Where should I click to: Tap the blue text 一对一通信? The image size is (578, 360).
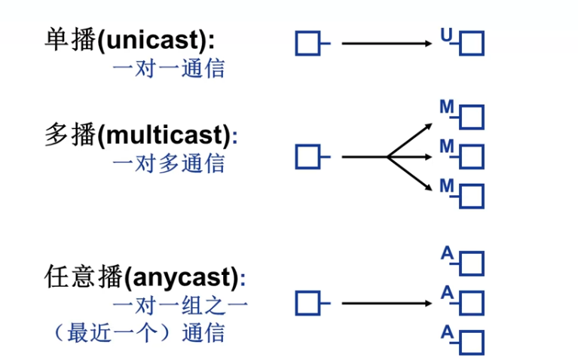pos(168,69)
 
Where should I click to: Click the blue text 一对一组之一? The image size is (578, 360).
pos(180,305)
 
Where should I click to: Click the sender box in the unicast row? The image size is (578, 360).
pos(307,44)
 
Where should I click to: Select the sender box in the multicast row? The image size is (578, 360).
pos(307,157)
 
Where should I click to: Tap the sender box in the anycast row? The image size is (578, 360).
pos(307,304)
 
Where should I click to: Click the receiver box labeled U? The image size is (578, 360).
pos(472,44)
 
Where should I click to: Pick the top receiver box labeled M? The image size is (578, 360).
pos(472,117)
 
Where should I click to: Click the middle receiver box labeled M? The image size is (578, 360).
pos(472,157)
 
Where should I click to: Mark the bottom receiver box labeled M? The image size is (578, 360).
pos(472,196)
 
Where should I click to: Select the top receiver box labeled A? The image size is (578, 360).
pos(472,264)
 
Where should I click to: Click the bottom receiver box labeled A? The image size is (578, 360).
pos(472,343)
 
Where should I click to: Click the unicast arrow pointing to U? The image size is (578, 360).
pos(388,44)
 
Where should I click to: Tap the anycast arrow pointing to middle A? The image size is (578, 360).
pos(388,304)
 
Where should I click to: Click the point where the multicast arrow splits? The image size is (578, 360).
pos(387,157)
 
